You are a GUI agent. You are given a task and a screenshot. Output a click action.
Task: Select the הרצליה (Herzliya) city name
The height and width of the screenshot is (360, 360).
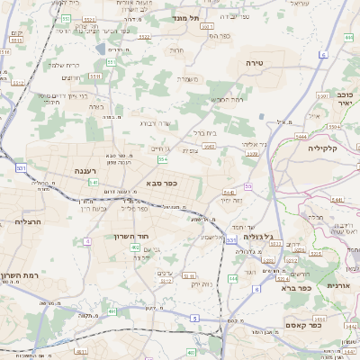tap(31, 220)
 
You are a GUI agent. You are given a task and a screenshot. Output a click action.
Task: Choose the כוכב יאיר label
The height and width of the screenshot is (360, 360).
tap(344, 99)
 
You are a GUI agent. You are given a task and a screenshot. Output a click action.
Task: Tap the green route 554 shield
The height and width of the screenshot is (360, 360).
tap(162, 159)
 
